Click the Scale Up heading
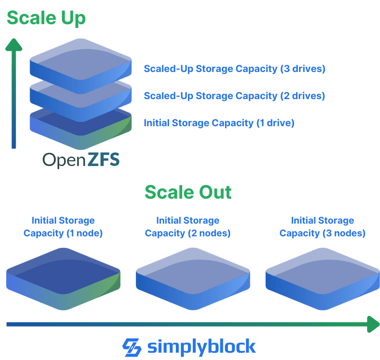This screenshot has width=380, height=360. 46,18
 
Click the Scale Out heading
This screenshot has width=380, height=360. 188,192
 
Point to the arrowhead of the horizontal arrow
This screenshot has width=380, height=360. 373,324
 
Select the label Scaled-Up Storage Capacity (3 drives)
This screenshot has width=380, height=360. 234,69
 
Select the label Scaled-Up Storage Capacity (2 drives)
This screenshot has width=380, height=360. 234,96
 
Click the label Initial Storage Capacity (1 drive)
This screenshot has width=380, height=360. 219,123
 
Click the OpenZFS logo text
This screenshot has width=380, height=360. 81,160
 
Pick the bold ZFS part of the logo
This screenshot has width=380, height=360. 103,160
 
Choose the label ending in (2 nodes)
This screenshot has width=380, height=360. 188,227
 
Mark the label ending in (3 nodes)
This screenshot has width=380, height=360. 322,227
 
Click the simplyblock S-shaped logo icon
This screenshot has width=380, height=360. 132,347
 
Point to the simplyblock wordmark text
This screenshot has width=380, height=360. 202,347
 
